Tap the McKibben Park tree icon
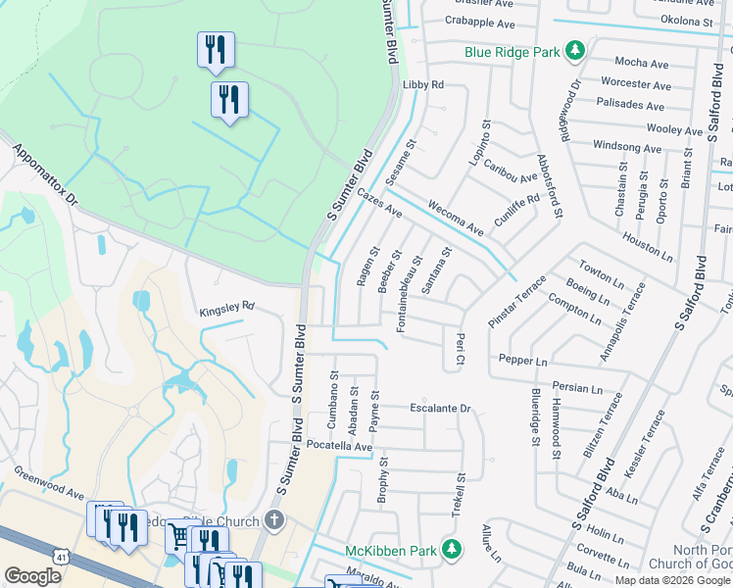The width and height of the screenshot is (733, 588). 451,549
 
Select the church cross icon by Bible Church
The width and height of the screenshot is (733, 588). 275,519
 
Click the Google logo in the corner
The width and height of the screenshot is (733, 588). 32,576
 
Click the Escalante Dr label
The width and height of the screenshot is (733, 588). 441,408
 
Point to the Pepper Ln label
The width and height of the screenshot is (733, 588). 522,362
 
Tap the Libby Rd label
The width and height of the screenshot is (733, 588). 423,85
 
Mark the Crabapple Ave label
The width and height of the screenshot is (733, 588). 479,24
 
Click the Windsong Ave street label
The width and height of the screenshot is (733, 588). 628,148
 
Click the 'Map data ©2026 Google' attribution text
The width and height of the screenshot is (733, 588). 671,580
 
